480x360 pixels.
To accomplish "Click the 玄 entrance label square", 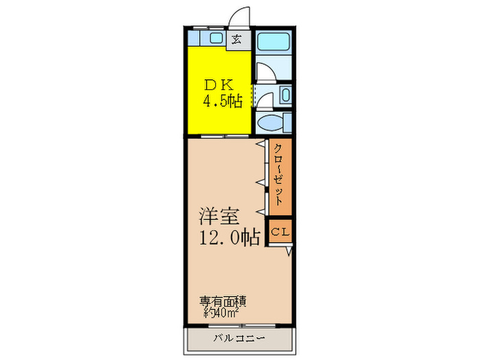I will [x=237, y=38].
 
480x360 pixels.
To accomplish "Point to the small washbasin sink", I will [x=285, y=95].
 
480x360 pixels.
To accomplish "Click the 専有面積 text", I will [x=223, y=301].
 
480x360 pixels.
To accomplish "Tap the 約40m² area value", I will [x=221, y=313].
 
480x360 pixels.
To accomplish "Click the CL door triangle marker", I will [x=289, y=252].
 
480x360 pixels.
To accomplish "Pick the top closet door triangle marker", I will [x=261, y=146].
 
